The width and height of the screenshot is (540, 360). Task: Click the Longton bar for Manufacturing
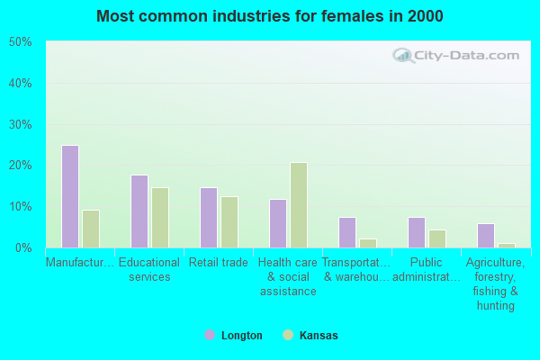[x=70, y=196]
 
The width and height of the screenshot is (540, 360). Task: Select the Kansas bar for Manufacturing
[x=91, y=229]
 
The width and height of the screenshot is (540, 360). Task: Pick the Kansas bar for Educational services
[x=160, y=217]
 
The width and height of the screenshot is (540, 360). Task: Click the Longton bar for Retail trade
[x=209, y=217]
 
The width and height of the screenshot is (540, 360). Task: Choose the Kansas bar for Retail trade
[x=229, y=221]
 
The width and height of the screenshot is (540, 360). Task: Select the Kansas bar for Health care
[x=299, y=205]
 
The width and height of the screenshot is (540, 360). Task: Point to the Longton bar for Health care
[x=278, y=223]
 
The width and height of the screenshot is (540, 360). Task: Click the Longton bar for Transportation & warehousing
[x=347, y=232]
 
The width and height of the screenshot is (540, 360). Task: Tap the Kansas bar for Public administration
[x=437, y=238]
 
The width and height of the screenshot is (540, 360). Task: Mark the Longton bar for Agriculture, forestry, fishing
[x=486, y=235]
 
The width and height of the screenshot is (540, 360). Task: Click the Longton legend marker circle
[x=210, y=335]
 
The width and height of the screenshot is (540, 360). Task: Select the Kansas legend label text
[x=319, y=336]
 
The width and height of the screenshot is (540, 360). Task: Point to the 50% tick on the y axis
[x=20, y=42]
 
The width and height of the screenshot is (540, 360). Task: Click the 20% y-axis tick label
[x=20, y=166]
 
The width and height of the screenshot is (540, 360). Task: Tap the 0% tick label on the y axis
[x=22, y=247]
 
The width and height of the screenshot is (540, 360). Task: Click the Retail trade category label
[x=219, y=263]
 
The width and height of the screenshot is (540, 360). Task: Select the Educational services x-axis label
[x=149, y=270]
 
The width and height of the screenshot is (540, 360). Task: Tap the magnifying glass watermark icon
[x=402, y=56]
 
